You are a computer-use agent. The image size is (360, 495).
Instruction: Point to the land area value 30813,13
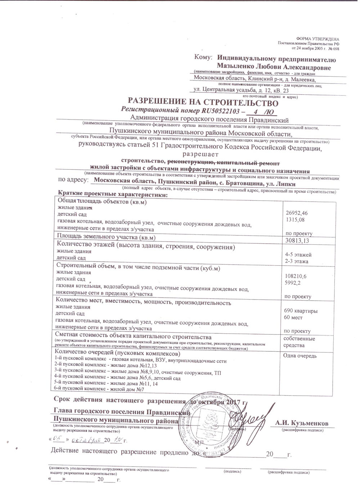[x=296, y=241]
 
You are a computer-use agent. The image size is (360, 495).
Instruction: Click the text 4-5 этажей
[x=298, y=255]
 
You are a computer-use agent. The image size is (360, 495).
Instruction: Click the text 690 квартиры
[x=301, y=311]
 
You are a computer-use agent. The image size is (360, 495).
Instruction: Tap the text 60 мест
[x=293, y=318]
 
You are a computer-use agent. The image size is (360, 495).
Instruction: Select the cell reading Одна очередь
[x=300, y=356]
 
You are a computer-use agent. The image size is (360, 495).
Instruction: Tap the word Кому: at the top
[x=203, y=57]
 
